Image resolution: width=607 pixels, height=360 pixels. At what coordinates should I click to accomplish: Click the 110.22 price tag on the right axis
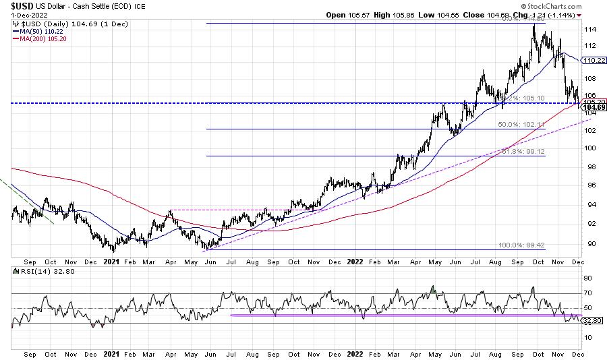click(x=590, y=60)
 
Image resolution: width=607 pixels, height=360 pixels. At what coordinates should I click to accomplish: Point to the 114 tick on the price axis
click(x=589, y=30)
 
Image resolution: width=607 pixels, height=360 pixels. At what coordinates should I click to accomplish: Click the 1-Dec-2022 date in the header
click(x=22, y=16)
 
